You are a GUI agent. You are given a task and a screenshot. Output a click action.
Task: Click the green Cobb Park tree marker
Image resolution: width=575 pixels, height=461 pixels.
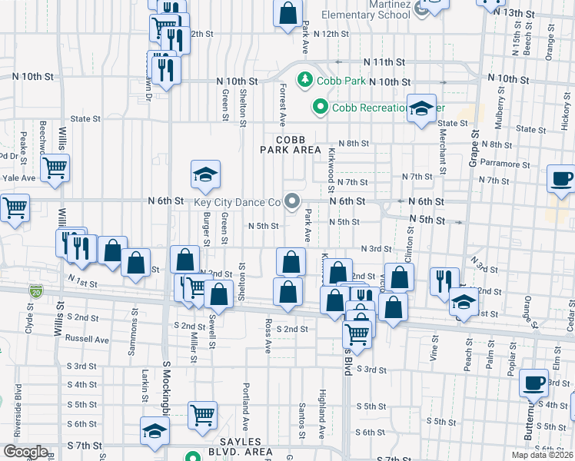pyautogui.click(x=304, y=79)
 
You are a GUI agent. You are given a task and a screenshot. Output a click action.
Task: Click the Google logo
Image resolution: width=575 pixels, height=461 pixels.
pyautogui.click(x=25, y=453)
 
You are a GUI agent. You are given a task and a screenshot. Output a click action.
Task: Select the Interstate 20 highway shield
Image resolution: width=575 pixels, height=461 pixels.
pyautogui.click(x=36, y=291)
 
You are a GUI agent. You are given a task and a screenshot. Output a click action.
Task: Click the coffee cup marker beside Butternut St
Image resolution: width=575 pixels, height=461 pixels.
pyautogui.click(x=533, y=383)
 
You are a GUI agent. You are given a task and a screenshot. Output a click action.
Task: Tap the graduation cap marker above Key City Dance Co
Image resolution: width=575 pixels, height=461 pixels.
pyautogui.click(x=205, y=175)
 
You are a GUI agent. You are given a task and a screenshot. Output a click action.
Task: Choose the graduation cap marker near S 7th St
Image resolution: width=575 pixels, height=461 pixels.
pyautogui.click(x=155, y=432)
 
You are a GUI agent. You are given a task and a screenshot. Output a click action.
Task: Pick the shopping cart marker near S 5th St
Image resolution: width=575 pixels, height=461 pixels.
pyautogui.click(x=202, y=416)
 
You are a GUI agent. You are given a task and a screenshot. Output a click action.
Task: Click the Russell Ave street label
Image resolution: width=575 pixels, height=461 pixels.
pyautogui.click(x=87, y=339)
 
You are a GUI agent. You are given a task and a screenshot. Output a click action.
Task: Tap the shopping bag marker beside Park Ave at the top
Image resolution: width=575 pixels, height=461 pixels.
pyautogui.click(x=287, y=15)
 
